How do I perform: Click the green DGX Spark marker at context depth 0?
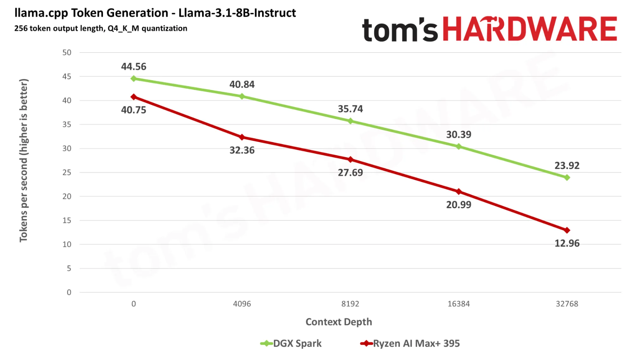[x=134, y=79]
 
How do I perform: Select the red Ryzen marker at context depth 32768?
[x=567, y=230]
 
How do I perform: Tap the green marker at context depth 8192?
[x=350, y=121]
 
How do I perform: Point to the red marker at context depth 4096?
[x=242, y=137]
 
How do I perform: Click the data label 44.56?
[x=134, y=66]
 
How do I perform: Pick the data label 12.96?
[x=567, y=243]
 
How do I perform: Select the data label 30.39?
[x=459, y=135]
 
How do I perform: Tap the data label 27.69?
[x=350, y=173]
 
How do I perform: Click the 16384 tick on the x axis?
[x=459, y=304]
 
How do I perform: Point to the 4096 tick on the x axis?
[x=242, y=304]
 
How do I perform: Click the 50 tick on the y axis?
[x=67, y=53]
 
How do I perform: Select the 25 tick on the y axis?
[x=67, y=173]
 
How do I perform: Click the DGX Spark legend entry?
[x=291, y=344]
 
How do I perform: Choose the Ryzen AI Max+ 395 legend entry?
[x=410, y=344]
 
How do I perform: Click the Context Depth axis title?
[x=339, y=322]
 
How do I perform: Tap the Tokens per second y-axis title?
[x=24, y=161]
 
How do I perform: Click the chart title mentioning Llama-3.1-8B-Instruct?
[x=155, y=13]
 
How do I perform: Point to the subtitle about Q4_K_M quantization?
[x=101, y=28]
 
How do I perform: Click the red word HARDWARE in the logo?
[x=530, y=29]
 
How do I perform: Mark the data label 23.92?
[x=567, y=166]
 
